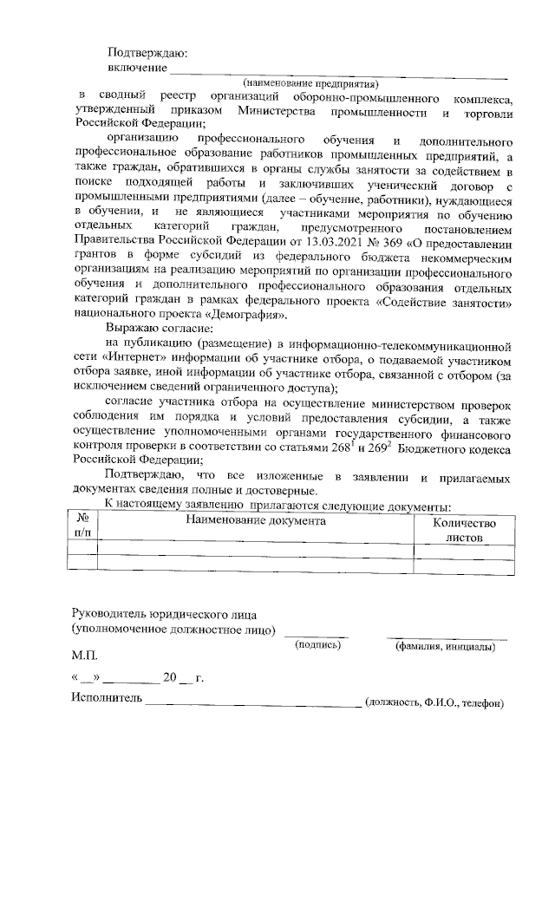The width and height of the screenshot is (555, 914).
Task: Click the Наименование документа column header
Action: click(255, 521)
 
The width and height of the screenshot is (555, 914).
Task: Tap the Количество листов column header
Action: click(463, 529)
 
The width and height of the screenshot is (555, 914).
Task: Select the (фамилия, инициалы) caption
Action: click(445, 646)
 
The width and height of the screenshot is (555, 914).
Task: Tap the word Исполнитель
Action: click(106, 701)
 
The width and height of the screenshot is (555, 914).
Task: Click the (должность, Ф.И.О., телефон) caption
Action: click(434, 703)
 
